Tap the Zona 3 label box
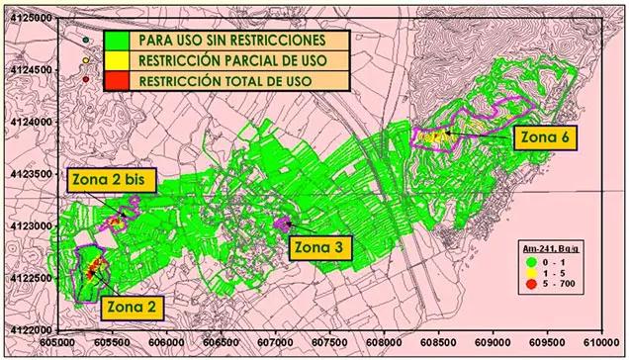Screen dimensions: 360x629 pos(318,247)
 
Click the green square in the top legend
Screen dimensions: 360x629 pos(117,42)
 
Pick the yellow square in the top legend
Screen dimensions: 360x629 pos(117,60)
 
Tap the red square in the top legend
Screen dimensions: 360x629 pos(117,79)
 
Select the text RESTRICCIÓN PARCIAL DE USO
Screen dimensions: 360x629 pos(232,60)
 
